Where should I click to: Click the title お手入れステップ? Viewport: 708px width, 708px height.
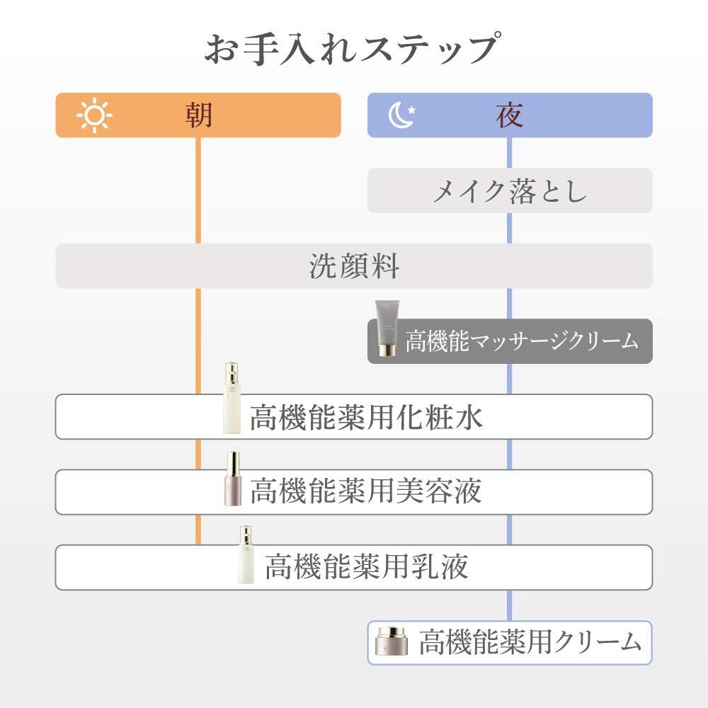[x=353, y=48]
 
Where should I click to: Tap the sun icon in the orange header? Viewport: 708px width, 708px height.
[x=94, y=115]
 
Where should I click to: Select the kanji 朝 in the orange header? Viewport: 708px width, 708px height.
[x=199, y=115]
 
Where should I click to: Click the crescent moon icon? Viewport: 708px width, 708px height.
[x=399, y=115]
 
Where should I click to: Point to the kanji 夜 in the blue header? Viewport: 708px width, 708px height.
[x=510, y=115]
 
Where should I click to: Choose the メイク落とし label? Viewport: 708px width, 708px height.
[x=510, y=190]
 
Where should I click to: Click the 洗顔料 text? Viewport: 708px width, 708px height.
[x=354, y=266]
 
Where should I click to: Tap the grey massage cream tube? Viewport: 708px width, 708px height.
[x=387, y=329]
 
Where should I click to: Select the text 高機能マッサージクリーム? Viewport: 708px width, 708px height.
[x=522, y=341]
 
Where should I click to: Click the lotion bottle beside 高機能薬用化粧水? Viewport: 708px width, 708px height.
[x=232, y=398]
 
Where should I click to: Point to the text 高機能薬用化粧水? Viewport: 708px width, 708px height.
[x=366, y=417]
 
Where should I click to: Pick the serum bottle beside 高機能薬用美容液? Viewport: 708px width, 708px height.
[x=233, y=479]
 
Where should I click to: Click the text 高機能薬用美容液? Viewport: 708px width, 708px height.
[x=366, y=492]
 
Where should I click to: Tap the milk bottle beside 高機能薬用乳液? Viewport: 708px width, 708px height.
[x=246, y=555]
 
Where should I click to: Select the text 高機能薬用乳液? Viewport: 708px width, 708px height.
[x=366, y=567]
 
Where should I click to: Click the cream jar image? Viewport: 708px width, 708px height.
[x=392, y=641]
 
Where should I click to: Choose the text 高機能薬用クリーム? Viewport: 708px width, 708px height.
[x=530, y=642]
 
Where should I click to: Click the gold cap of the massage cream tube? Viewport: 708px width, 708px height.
[x=387, y=350]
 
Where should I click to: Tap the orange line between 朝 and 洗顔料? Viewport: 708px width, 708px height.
[x=198, y=190]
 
